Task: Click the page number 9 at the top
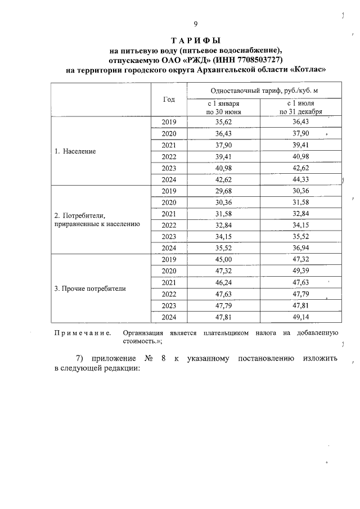coord(195,24)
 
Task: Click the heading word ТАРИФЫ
coord(195,41)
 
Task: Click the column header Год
coord(169,100)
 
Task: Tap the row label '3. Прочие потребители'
coord(90,289)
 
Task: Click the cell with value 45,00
coord(223,260)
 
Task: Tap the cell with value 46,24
coord(223,283)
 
